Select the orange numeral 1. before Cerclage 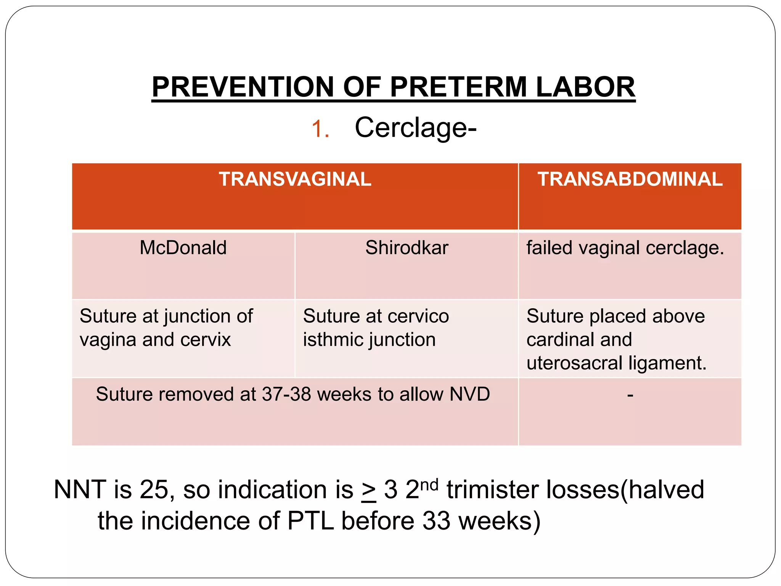tap(320, 129)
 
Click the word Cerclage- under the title tap(415, 128)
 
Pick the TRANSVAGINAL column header tap(295, 179)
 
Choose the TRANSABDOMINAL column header tap(630, 179)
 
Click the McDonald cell tap(183, 248)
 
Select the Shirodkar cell tap(407, 248)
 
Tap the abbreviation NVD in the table tap(469, 394)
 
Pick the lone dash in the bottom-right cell tap(630, 395)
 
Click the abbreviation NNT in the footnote tap(80, 489)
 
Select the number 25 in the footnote tap(154, 489)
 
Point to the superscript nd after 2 tap(429, 485)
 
